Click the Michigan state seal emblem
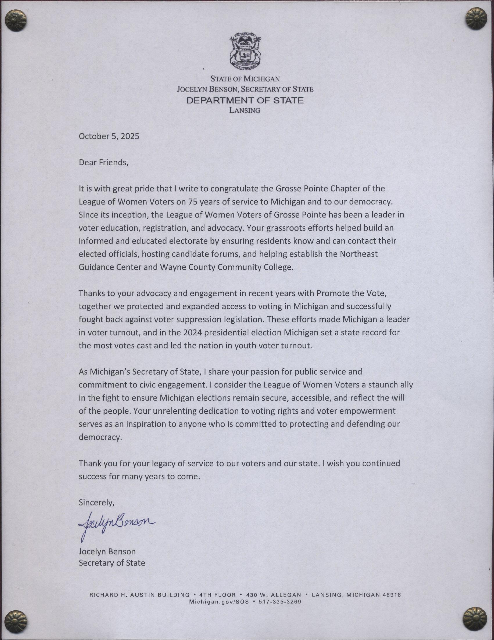pos(245,53)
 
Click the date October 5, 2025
pos(109,136)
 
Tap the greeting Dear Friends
pos(103,162)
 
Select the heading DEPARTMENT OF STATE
pos(245,101)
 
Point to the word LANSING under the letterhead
pos(245,110)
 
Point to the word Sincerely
pos(96,503)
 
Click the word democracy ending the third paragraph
pos(100,437)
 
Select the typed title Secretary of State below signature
pos(112,563)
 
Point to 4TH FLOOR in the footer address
pos(217,595)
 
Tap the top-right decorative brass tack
pos(476,19)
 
